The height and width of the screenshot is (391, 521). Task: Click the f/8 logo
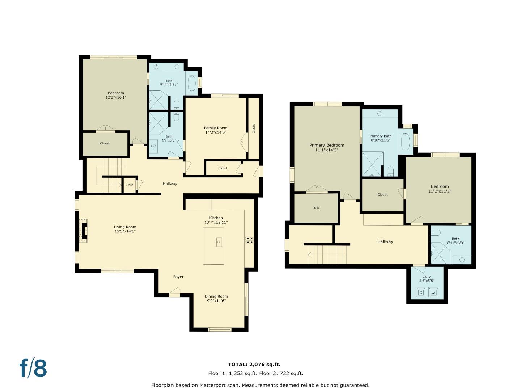(33, 368)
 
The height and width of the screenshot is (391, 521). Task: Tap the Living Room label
(125, 227)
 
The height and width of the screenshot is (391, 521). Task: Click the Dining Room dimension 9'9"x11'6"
(216, 301)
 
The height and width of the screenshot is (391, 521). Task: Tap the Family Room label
(216, 128)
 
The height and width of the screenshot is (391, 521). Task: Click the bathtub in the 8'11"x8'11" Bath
(192, 83)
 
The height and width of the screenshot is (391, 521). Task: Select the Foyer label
(178, 277)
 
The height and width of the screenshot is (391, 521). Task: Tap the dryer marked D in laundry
(421, 292)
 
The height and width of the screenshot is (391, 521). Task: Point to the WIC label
(317, 208)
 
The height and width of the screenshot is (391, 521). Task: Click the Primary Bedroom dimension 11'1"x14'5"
(326, 150)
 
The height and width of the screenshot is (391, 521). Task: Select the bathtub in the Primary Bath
(405, 141)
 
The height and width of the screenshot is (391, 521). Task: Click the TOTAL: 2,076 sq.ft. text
(254, 365)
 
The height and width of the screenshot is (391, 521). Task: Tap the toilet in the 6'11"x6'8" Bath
(435, 233)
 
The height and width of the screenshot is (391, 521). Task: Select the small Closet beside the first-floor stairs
(129, 185)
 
